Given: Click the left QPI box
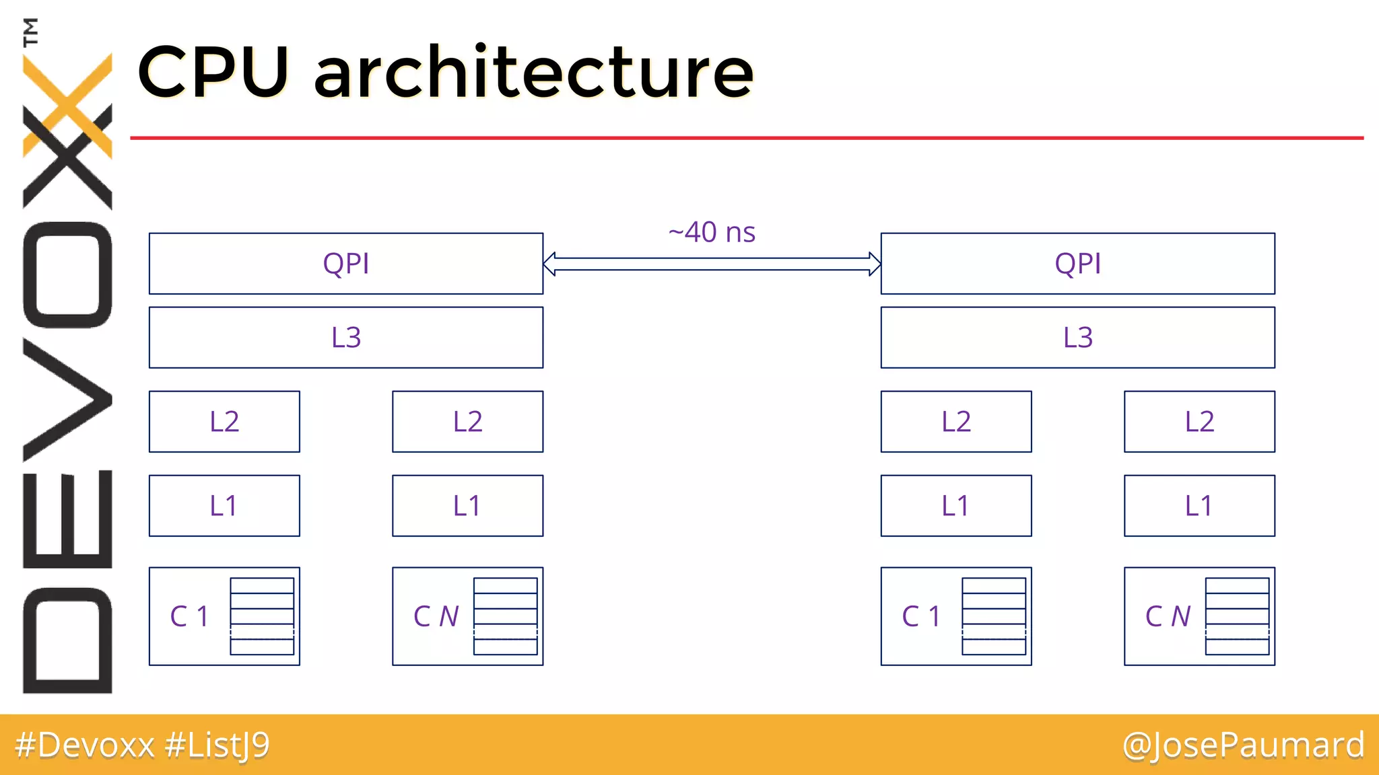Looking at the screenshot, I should click(345, 264).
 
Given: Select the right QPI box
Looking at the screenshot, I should click(1077, 264).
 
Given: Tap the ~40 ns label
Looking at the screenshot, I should click(712, 233).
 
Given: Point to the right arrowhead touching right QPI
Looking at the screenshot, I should click(874, 264).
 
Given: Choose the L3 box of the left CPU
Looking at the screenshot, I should click(345, 338).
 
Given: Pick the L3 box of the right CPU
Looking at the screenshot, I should click(1077, 338).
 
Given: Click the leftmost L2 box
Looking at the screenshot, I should click(224, 422).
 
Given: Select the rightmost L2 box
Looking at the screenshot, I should click(1199, 422).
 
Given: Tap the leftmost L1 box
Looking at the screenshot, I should click(224, 506).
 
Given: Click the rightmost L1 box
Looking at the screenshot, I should click(1199, 506).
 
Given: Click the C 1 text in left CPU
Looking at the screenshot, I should click(189, 616).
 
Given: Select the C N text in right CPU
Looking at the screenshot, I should click(1168, 616).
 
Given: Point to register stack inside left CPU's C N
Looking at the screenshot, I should click(506, 616).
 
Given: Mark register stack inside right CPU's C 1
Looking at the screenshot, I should click(994, 616).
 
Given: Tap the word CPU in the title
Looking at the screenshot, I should click(213, 73).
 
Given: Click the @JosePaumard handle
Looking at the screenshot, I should click(1243, 745).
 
